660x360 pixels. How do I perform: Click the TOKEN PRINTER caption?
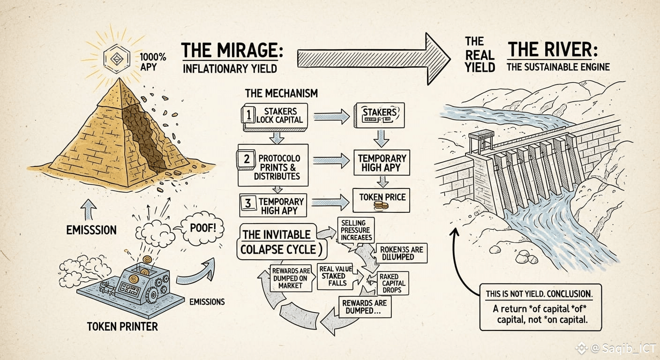click(122, 326)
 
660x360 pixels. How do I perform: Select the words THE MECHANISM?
click(281, 93)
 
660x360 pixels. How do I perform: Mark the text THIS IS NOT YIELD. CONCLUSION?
click(539, 293)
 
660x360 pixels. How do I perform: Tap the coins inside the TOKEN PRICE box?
click(380, 206)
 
